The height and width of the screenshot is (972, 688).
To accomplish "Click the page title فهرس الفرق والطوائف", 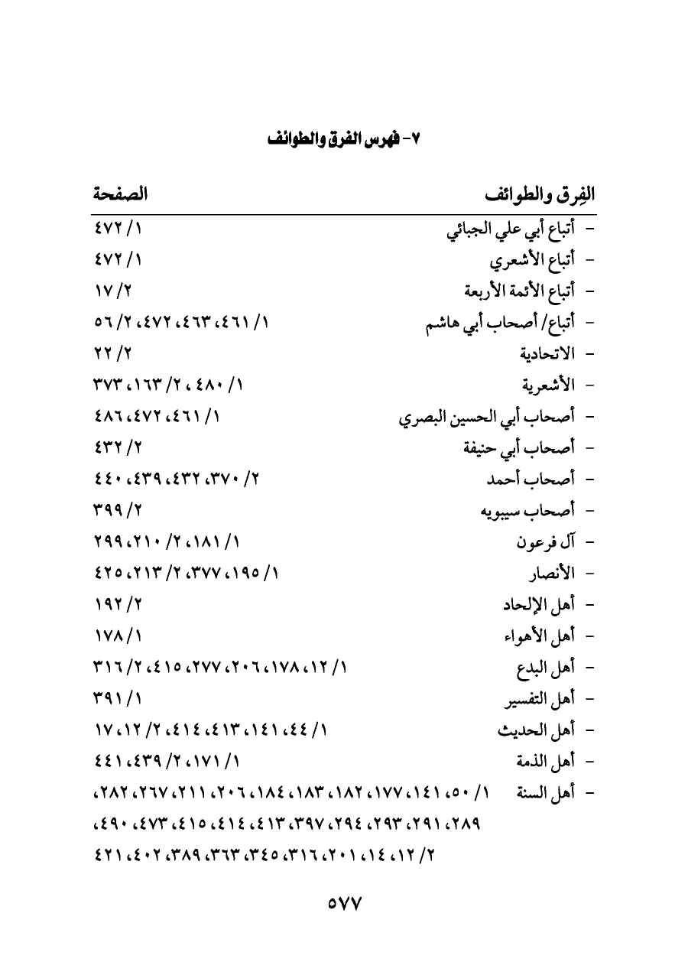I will click(345, 140).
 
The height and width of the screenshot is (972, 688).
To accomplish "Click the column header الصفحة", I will click(120, 195).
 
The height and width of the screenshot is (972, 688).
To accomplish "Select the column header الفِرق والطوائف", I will click(540, 196).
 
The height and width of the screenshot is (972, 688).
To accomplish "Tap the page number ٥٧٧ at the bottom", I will click(344, 903).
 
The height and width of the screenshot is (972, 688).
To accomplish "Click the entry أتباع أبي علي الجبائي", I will click(511, 230).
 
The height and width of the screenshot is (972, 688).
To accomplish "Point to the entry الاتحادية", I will click(547, 354).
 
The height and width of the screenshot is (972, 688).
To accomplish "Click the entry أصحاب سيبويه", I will click(527, 511).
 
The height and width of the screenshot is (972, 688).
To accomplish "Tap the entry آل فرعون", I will click(545, 543).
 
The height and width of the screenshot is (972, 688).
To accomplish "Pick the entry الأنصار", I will click(550, 574).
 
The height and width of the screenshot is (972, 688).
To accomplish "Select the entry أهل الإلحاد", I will click(537, 605).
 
